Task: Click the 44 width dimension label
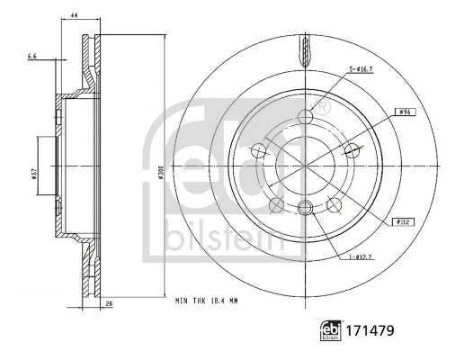pyautogui.click(x=74, y=16)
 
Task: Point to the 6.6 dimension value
pyautogui.click(x=32, y=57)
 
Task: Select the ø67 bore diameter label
pyautogui.click(x=32, y=173)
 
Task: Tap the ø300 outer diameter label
pyautogui.click(x=159, y=173)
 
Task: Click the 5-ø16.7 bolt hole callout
pyautogui.click(x=364, y=70)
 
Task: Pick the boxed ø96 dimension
pyautogui.click(x=404, y=112)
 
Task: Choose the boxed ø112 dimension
pyautogui.click(x=401, y=220)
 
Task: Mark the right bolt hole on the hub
pyautogui.click(x=352, y=149)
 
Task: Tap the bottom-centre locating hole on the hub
pyautogui.click(x=304, y=209)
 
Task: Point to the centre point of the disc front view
pyautogui.click(x=304, y=165)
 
